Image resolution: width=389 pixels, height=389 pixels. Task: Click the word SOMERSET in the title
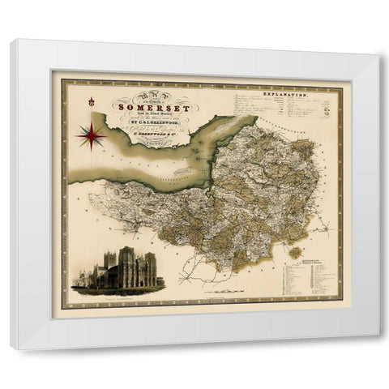144,103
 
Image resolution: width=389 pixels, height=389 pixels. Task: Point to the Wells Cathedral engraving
119,270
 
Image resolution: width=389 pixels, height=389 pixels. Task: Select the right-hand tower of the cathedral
149,266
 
